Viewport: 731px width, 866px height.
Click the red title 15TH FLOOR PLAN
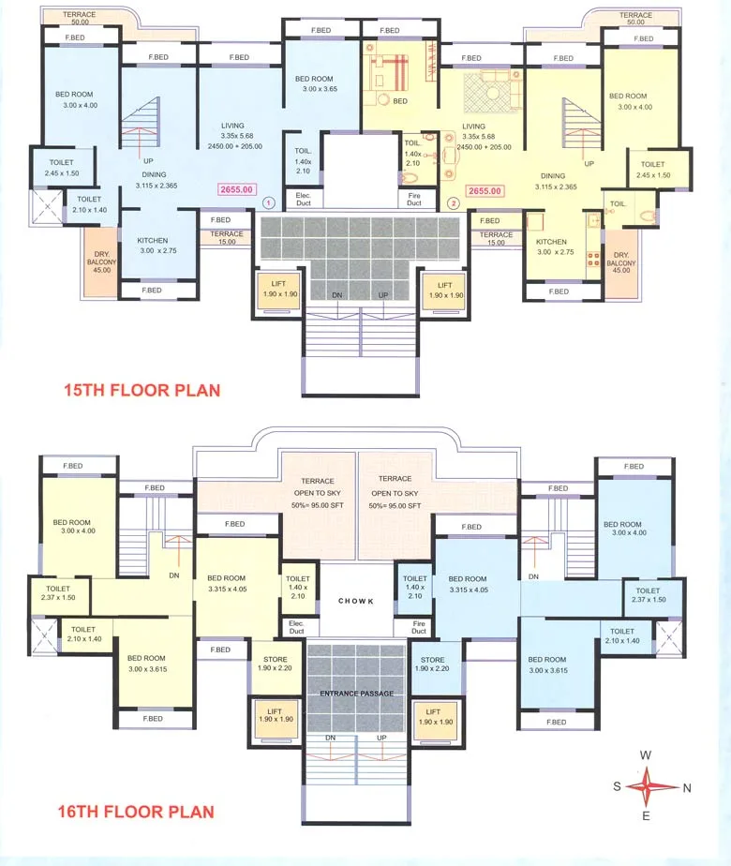[142, 389]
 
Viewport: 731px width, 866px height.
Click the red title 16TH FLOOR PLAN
[136, 812]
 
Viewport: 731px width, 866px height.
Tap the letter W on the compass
[646, 754]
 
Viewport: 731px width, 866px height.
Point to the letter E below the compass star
[646, 817]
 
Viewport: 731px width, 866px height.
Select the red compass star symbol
[646, 786]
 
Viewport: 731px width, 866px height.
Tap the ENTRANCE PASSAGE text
[355, 693]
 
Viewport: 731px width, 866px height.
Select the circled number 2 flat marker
[453, 202]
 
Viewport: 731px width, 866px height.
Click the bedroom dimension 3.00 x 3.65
[320, 89]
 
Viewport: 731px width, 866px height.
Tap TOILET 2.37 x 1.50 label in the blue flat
[647, 595]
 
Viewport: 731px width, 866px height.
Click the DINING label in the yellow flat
[553, 175]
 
